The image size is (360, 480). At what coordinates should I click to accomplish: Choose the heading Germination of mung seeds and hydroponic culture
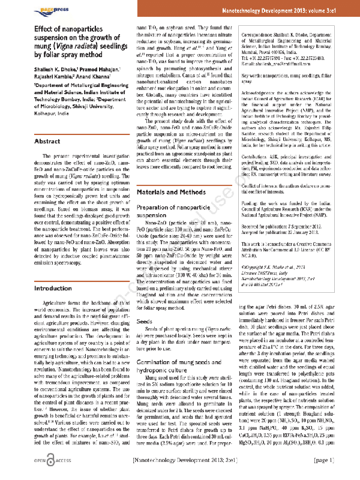[x=175, y=347]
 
